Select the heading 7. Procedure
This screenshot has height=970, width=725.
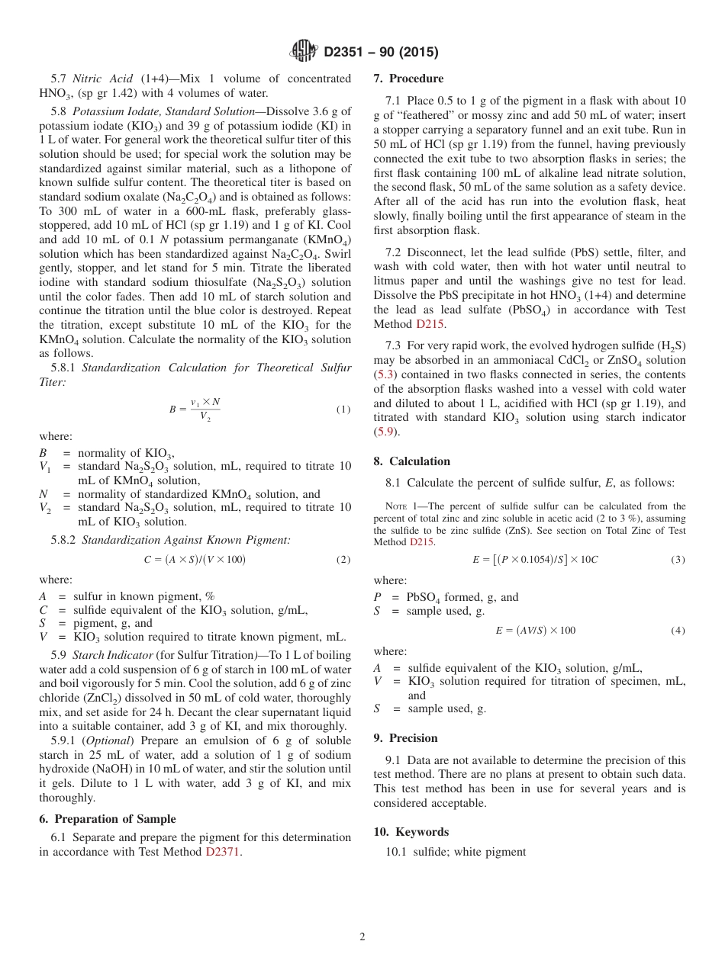(x=408, y=79)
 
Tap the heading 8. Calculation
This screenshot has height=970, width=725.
(x=411, y=461)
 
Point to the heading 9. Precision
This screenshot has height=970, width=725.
(x=405, y=738)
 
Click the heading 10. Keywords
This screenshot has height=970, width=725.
(x=411, y=832)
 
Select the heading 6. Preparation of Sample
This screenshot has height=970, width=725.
(x=108, y=819)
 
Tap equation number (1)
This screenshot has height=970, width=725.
(x=343, y=410)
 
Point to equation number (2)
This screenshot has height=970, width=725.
(x=343, y=559)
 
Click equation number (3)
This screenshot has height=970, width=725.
(x=678, y=559)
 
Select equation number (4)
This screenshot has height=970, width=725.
(x=678, y=631)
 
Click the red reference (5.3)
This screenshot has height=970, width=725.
(x=385, y=374)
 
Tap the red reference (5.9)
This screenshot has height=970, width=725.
(x=385, y=432)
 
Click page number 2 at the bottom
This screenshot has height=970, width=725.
(x=362, y=937)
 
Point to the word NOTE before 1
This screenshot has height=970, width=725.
(x=398, y=506)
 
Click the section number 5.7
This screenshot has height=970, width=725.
(x=59, y=79)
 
